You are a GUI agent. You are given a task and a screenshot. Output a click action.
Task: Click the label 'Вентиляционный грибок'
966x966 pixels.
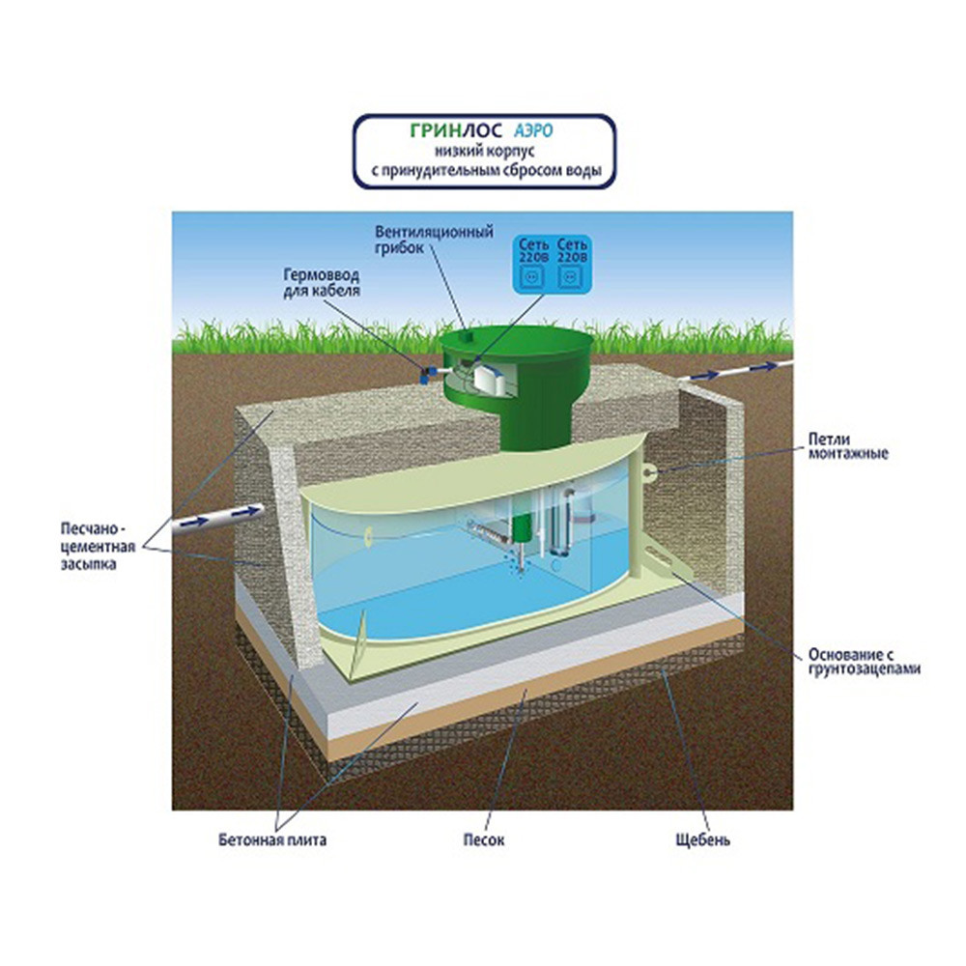(x=434, y=241)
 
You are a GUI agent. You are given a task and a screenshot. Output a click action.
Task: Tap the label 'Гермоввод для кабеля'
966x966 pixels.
(x=321, y=283)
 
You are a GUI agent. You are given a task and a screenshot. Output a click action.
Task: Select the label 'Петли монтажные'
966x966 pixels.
(x=848, y=446)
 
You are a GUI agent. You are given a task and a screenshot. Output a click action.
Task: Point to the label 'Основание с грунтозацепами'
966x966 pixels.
(x=864, y=661)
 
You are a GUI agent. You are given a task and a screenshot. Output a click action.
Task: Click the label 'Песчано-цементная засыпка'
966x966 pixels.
(x=98, y=547)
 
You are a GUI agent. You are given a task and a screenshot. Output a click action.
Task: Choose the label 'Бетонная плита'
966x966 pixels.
(x=272, y=839)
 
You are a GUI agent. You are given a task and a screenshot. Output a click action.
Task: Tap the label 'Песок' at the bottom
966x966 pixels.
(x=484, y=839)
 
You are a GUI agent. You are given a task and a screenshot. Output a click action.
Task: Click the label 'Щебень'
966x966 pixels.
(x=702, y=839)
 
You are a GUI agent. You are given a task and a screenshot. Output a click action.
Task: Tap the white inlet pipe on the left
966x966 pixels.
(x=218, y=521)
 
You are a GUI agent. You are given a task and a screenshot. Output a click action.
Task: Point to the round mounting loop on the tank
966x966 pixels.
(x=651, y=472)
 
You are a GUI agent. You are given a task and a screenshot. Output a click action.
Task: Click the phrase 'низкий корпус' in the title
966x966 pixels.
(x=484, y=151)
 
